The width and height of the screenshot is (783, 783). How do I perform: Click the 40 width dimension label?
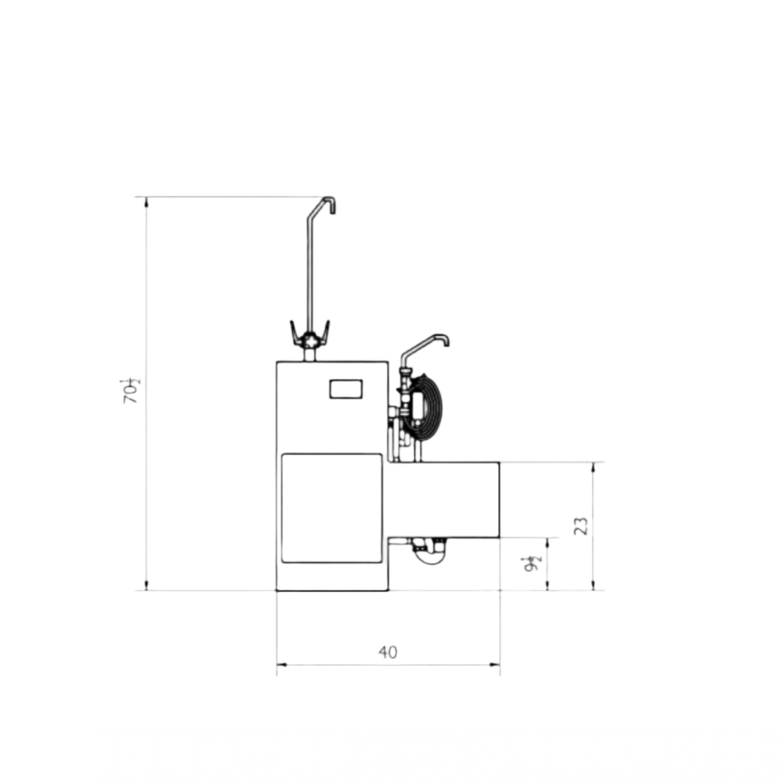(x=388, y=652)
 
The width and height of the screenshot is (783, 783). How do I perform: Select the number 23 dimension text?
(x=581, y=526)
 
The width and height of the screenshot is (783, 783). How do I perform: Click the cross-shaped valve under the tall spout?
(x=311, y=339)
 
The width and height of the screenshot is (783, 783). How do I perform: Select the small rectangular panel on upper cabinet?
(x=346, y=389)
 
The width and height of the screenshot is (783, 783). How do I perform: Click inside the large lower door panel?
(x=331, y=508)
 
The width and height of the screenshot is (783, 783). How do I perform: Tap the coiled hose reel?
(x=425, y=407)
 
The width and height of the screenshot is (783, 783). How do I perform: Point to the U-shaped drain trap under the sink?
(x=428, y=552)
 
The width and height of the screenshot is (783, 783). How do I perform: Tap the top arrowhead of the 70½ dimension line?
(x=146, y=201)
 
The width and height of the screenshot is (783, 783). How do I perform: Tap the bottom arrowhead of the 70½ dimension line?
(x=146, y=586)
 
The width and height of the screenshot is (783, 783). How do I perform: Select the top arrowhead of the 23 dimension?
(x=593, y=467)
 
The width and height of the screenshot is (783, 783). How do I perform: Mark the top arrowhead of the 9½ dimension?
(x=547, y=542)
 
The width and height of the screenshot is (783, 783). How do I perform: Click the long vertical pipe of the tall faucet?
(x=310, y=274)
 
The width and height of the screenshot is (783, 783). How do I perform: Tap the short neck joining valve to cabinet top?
(x=311, y=355)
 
